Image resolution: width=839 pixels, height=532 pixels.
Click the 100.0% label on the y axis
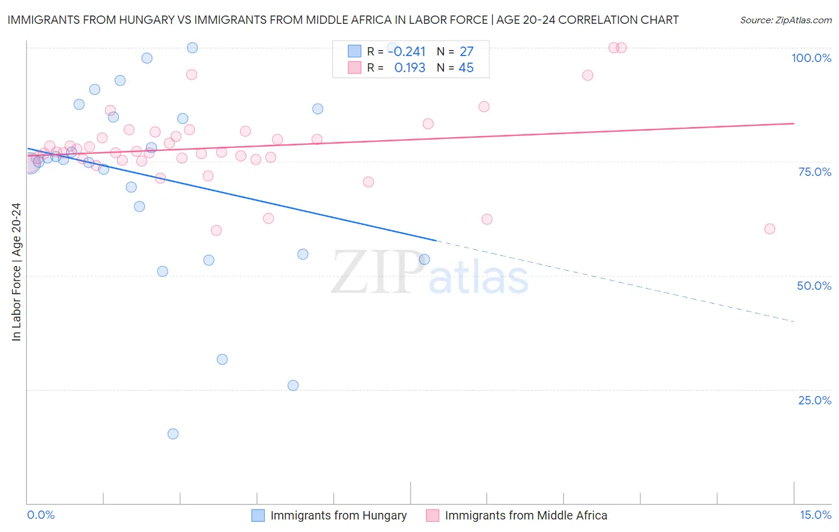[x=811, y=58]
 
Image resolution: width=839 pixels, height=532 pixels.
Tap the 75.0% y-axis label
[x=815, y=172]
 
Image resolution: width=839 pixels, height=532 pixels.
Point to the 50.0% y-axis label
[x=814, y=286]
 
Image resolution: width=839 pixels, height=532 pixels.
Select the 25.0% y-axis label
[x=815, y=400]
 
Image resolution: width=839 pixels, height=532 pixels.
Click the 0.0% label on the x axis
[x=41, y=515]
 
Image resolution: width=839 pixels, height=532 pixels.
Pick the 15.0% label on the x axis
[x=815, y=515]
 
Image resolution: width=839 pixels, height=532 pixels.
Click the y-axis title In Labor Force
[x=16, y=272]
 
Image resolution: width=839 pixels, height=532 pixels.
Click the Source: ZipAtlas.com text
[x=785, y=20]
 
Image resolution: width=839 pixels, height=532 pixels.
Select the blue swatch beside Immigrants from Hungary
[x=258, y=515]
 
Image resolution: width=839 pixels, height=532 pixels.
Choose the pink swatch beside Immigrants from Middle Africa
[x=433, y=515]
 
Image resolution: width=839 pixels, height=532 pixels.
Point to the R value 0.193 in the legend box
[x=409, y=67]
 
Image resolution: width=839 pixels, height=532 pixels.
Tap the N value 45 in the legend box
[x=466, y=67]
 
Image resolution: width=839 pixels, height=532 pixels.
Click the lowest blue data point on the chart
[x=173, y=434]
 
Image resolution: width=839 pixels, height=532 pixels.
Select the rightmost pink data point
[x=770, y=229]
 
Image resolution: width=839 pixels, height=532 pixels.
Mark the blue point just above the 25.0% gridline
[x=293, y=385]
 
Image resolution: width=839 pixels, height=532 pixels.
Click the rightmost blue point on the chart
[x=424, y=259]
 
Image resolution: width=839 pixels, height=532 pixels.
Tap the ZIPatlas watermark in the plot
[x=430, y=273]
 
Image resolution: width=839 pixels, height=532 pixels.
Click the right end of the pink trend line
[x=794, y=123]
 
